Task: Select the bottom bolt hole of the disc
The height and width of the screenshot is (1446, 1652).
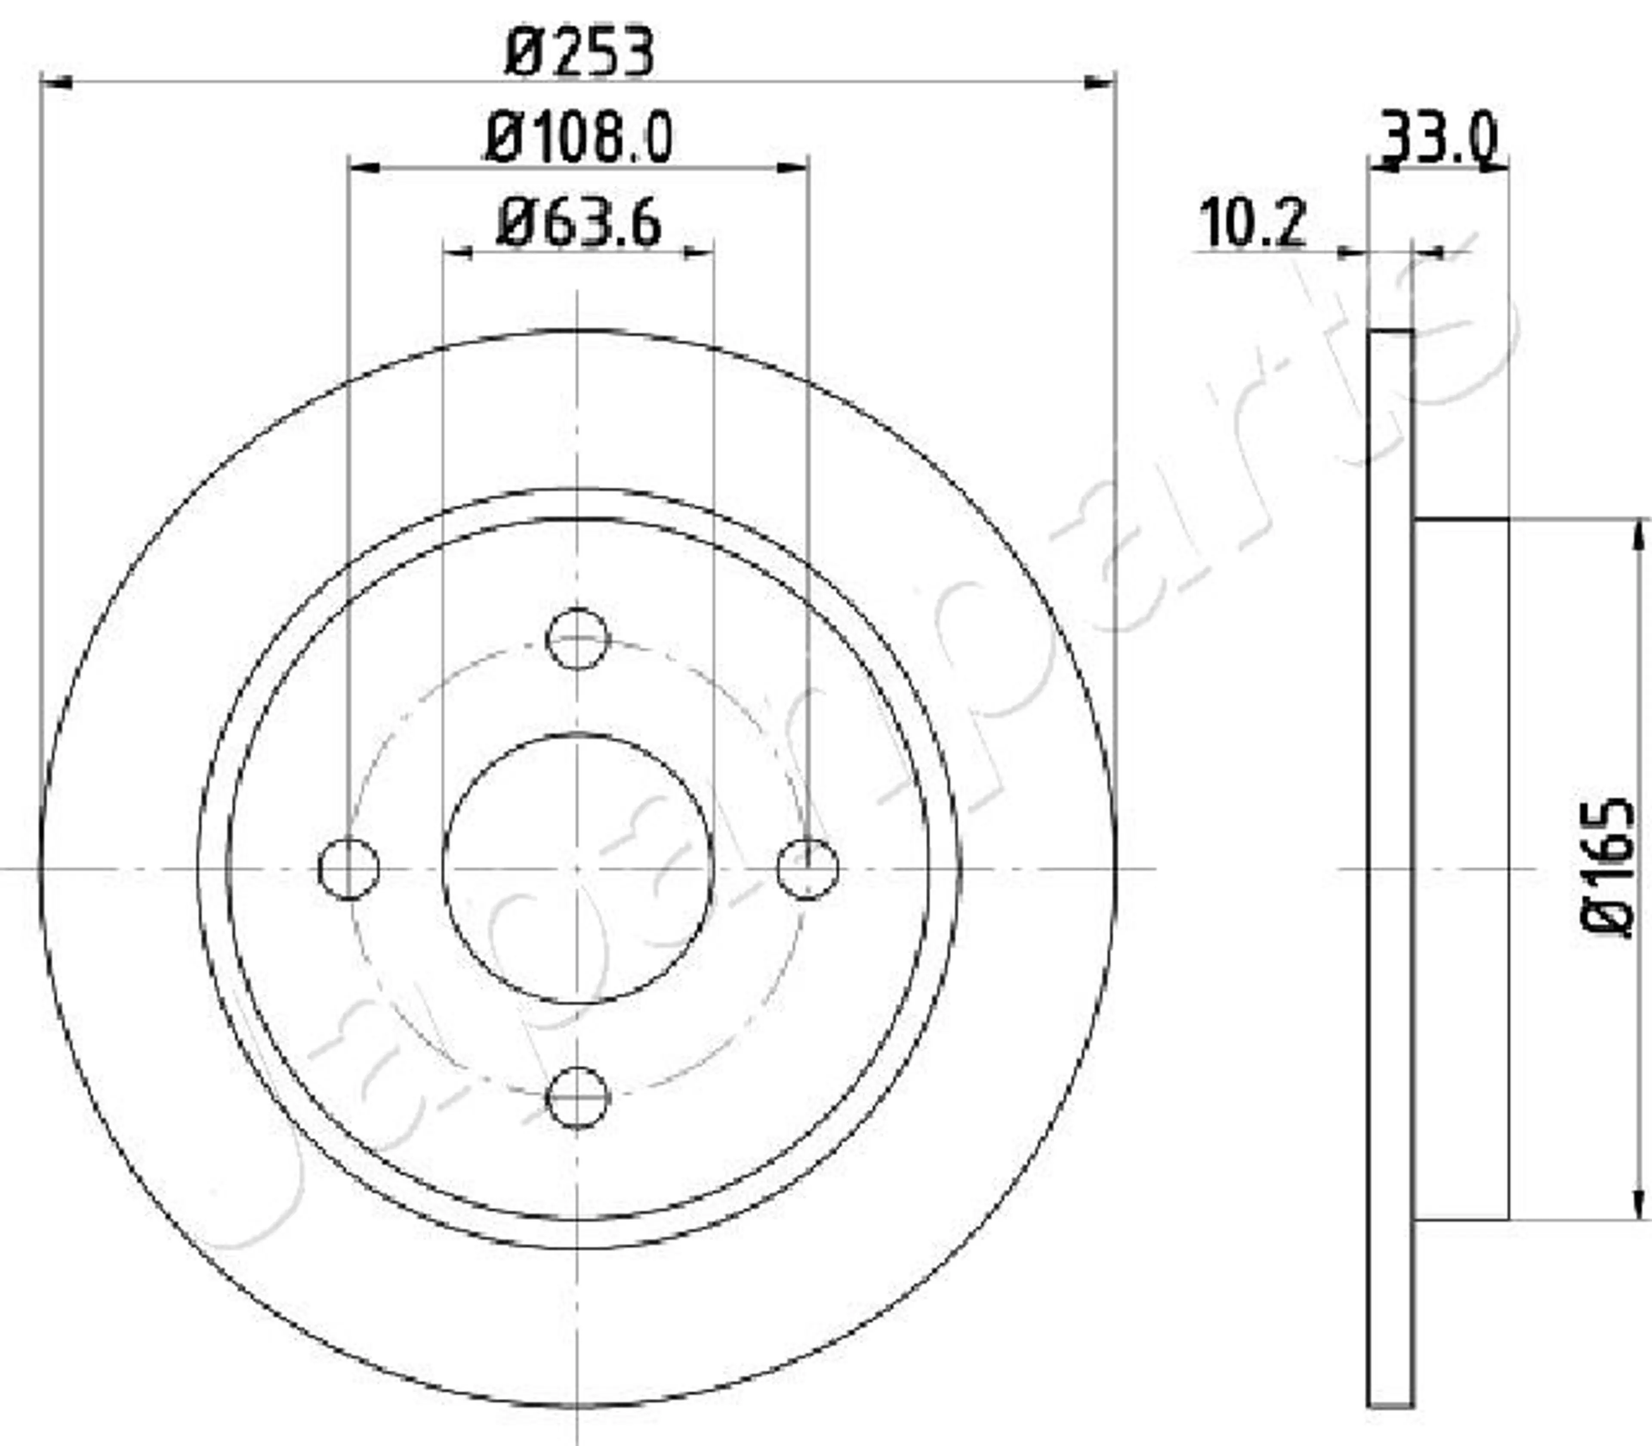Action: [x=577, y=1097]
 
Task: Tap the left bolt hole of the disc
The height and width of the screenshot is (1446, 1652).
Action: [x=348, y=868]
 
